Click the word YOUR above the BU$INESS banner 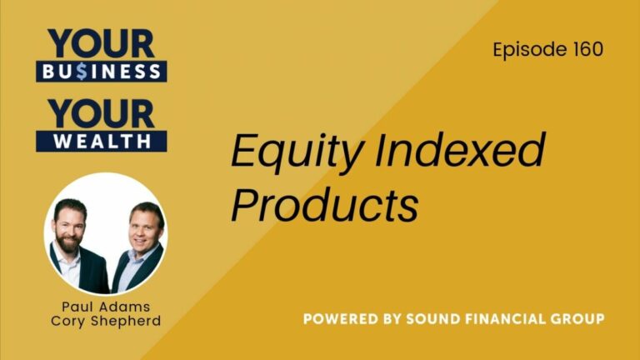click(101, 42)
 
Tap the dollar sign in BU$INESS click(83, 71)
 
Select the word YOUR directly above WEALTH click(101, 112)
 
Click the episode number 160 click(587, 49)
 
